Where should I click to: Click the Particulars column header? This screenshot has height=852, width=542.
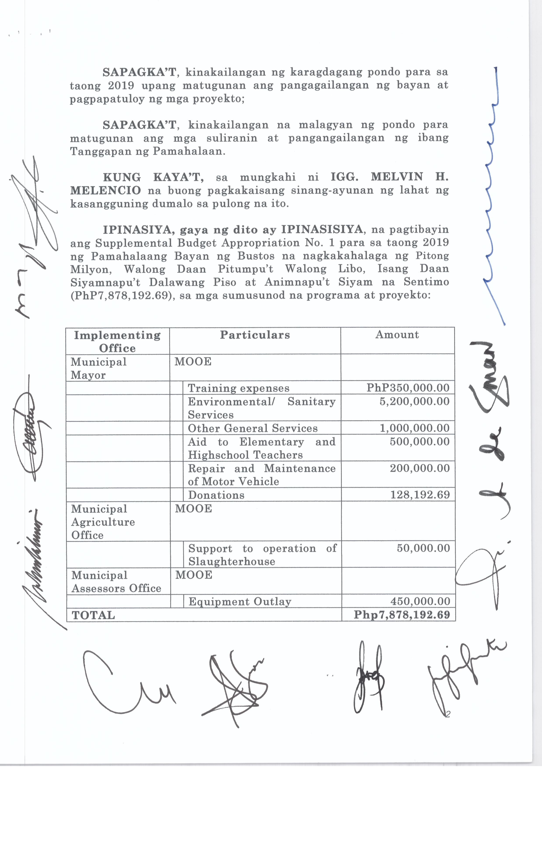pos(255,335)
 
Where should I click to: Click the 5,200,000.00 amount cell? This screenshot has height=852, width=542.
pos(414,401)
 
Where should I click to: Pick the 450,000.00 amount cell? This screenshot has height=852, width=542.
pos(420,601)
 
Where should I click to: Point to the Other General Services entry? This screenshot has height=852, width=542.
pos(253,428)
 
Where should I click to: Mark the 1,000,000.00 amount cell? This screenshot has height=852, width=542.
pos(414,428)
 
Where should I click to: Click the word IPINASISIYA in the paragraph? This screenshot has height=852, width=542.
pos(322,230)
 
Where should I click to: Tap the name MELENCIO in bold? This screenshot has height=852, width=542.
pos(105,190)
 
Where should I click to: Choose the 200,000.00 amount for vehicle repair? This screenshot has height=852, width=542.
pos(420,468)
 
